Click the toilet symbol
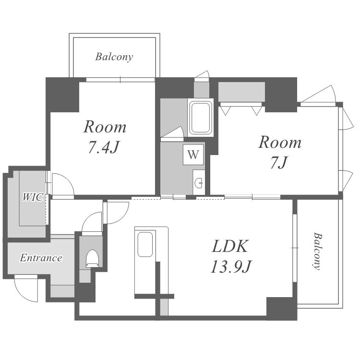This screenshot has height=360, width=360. (92, 259)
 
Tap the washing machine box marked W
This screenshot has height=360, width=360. (193, 155)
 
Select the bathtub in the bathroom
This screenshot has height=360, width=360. (201, 118)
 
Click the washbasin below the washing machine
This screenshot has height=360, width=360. (199, 182)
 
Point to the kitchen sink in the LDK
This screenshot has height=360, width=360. (145, 244)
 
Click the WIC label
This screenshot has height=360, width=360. (33, 197)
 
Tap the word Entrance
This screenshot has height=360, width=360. (41, 258)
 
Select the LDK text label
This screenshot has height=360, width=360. (230, 246)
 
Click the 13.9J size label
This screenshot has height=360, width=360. (231, 266)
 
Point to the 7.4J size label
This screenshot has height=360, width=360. (104, 147)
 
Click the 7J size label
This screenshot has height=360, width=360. (279, 163)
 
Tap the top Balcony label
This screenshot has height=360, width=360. (114, 57)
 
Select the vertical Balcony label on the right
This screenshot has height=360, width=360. (318, 251)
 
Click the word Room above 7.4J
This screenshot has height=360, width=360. (105, 127)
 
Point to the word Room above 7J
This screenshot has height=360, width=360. (280, 143)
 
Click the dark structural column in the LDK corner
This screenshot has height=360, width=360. (282, 309)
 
